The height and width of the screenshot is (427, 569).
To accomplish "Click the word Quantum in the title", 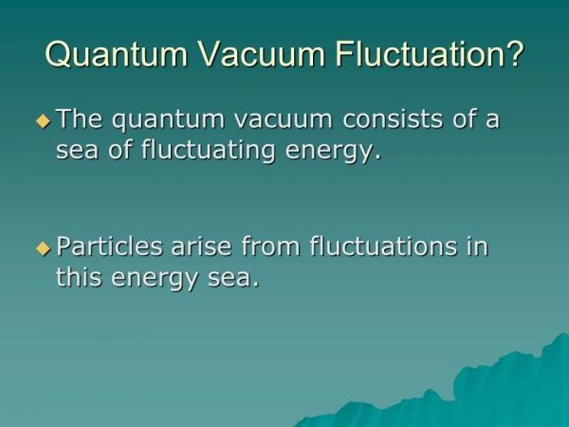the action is [116, 54].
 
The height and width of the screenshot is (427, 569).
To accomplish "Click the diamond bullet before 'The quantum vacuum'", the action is [44, 121].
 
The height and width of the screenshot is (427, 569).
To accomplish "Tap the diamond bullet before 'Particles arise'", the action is [44, 249].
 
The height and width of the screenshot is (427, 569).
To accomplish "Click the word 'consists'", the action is [393, 119].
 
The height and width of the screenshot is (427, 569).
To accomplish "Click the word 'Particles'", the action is [109, 246].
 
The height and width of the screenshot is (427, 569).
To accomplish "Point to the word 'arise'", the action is [201, 247].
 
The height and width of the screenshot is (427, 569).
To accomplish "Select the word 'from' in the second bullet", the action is [270, 246].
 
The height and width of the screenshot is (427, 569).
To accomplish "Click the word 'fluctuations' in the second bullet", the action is [383, 246].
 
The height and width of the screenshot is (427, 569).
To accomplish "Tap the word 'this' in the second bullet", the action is [79, 277].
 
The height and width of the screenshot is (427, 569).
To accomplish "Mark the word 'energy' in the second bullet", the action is [155, 280].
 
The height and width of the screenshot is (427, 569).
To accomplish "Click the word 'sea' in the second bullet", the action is [229, 279].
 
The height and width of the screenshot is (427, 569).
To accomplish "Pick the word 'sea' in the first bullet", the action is [78, 151].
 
